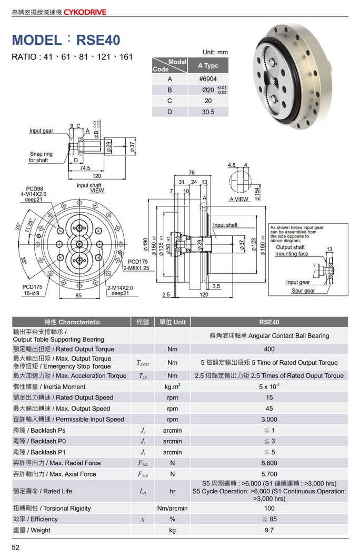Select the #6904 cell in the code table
(207, 79)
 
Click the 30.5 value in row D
(207, 112)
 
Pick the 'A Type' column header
(207, 66)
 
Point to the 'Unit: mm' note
(215, 52)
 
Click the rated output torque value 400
(269, 349)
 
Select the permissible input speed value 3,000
(269, 420)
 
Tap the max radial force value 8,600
(269, 463)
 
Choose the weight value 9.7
(269, 530)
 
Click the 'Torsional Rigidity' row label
(52, 509)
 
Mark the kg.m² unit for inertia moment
(172, 387)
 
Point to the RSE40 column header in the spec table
(269, 322)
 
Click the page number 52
(16, 548)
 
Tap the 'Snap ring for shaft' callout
(41, 157)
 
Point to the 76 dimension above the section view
(192, 173)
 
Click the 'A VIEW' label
(239, 200)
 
